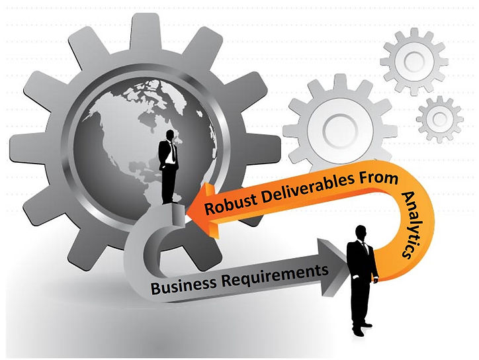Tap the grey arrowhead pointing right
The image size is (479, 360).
coord(334,259)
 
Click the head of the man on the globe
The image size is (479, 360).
coord(171,136)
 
